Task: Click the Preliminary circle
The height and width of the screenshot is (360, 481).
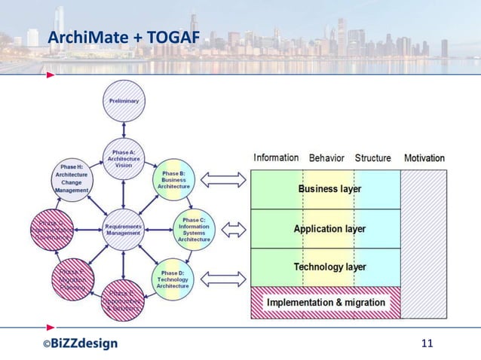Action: point(123,100)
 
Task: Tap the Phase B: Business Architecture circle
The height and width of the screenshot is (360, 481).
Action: point(173,181)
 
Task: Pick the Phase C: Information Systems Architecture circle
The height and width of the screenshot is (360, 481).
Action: point(195,228)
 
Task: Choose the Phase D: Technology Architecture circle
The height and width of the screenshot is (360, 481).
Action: point(173,279)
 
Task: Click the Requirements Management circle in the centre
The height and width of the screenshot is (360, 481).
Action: point(123,230)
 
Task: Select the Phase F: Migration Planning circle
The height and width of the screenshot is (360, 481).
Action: point(72,279)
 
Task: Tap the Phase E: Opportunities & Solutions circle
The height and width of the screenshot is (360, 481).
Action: point(123,300)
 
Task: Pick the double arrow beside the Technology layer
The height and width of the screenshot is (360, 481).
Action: point(224,279)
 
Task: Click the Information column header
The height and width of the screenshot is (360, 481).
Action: point(276,157)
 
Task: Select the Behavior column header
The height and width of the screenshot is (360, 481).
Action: point(326,158)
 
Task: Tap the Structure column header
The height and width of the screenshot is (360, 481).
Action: point(372,158)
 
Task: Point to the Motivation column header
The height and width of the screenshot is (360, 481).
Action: point(424,158)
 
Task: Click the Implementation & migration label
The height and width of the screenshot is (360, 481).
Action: point(326,303)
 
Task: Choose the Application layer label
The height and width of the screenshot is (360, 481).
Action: point(329,228)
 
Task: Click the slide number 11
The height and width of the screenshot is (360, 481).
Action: point(427,344)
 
